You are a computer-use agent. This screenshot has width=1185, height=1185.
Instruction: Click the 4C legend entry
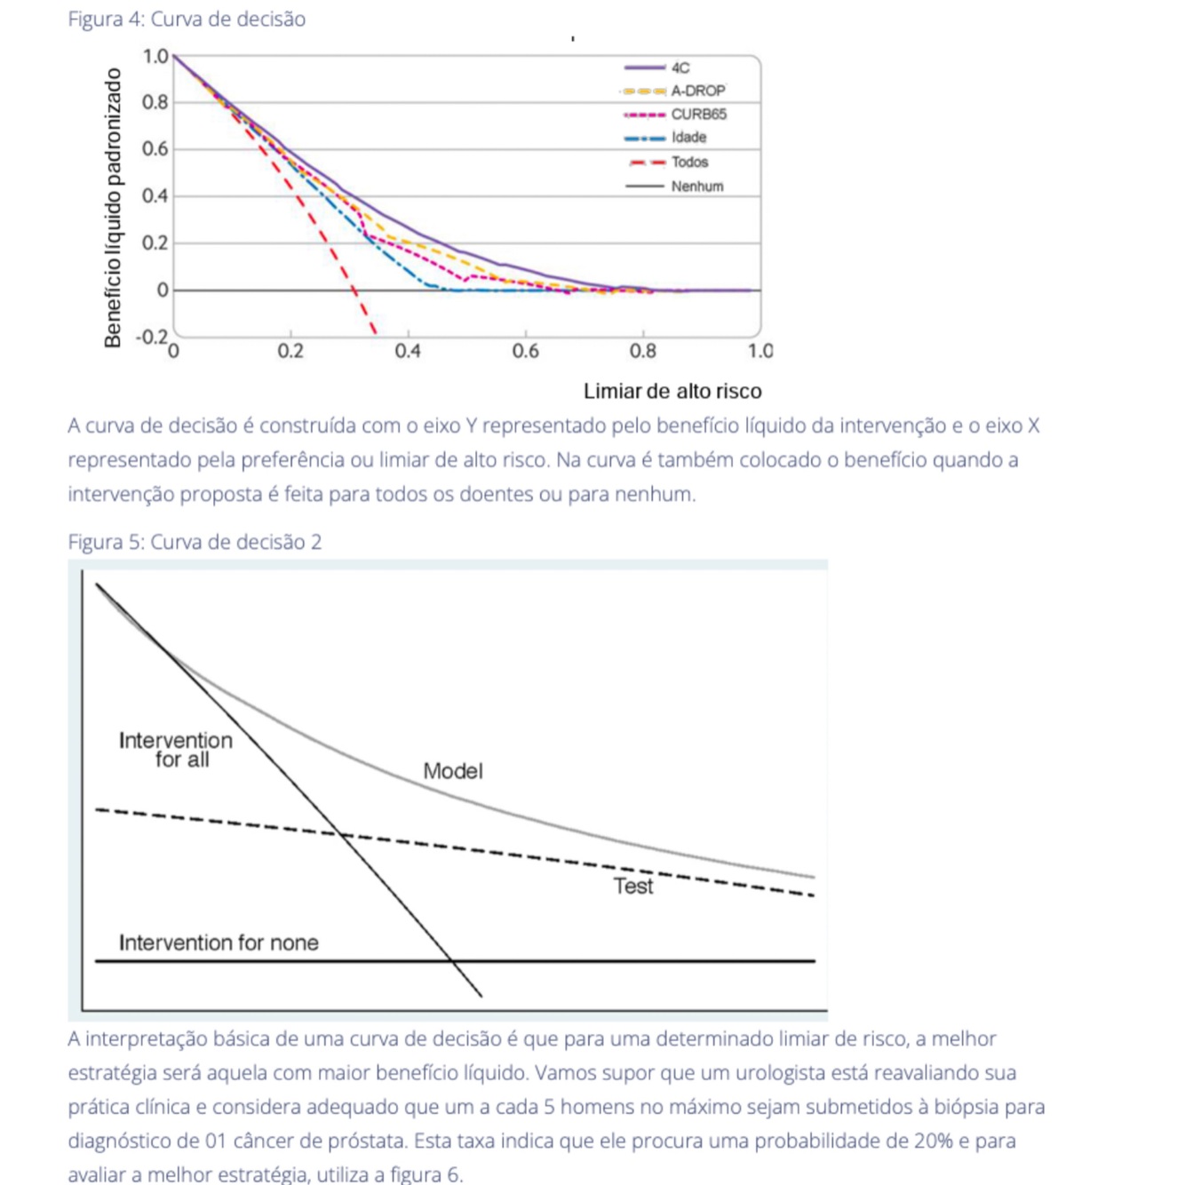point(680,68)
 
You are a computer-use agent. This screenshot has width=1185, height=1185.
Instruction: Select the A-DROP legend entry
point(697,91)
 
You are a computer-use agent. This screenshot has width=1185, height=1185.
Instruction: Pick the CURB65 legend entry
point(698,114)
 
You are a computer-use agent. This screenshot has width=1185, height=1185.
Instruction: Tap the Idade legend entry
point(688,138)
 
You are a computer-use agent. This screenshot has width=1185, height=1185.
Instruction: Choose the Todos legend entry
point(689,162)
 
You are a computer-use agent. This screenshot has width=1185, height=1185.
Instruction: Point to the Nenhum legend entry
point(696,187)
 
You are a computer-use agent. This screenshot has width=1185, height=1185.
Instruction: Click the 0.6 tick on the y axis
point(155,149)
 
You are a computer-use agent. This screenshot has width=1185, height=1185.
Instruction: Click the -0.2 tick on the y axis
point(151,337)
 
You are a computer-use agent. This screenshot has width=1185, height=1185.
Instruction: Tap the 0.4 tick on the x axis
point(408,352)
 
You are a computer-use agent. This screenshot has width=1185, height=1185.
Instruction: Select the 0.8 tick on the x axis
point(642,352)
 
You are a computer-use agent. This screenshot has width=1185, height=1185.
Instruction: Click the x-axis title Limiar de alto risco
point(672,392)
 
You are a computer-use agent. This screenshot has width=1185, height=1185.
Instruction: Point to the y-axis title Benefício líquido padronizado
point(113,208)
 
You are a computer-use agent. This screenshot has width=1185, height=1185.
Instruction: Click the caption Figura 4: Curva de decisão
point(187,19)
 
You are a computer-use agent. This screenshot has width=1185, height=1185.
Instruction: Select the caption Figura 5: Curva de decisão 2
point(195,542)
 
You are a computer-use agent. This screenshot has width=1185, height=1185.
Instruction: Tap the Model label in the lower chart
point(452,771)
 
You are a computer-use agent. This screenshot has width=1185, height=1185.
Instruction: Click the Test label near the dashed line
point(632,887)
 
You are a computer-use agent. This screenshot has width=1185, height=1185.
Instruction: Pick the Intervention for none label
point(219,942)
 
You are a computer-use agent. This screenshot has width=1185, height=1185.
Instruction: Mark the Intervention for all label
point(176,750)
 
